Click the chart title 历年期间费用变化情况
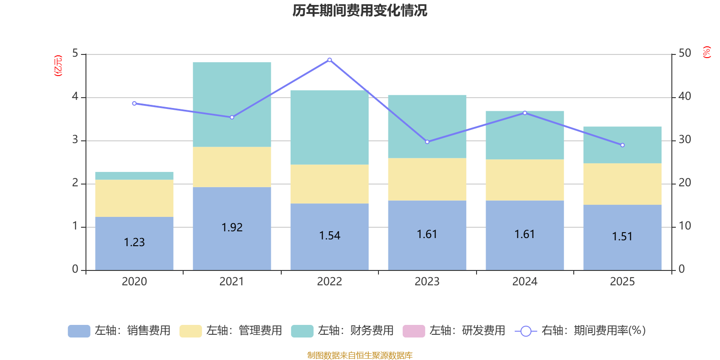[360, 10]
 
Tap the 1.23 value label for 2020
[134, 243]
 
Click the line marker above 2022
[329, 60]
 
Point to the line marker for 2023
[427, 142]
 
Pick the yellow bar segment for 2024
[525, 180]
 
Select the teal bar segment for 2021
[232, 104]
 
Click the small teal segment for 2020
[134, 176]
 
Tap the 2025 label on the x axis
[622, 282]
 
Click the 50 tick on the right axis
[685, 54]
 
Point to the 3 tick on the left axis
[75, 140]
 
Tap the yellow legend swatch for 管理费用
[190, 331]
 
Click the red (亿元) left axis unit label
[58, 66]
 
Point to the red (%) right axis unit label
[706, 52]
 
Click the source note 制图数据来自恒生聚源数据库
[360, 355]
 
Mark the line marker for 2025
[622, 145]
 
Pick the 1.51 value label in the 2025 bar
[622, 237]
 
